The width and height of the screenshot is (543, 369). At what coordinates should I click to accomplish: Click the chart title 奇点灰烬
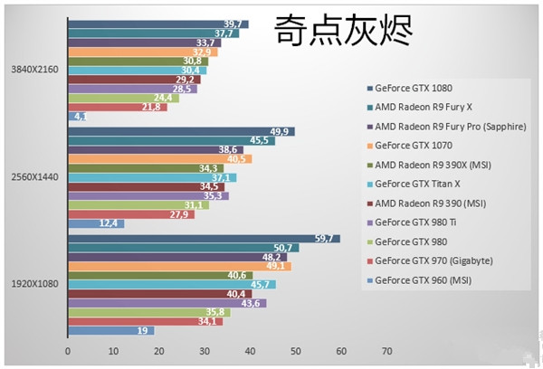(x=343, y=33)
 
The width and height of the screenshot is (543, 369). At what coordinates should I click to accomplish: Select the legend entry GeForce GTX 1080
(x=415, y=89)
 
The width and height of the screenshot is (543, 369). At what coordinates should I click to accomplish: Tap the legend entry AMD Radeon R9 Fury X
(x=425, y=108)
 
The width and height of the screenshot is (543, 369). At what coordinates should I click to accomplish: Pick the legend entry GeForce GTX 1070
(x=415, y=146)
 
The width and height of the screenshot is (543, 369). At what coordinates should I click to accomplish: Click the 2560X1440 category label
(x=33, y=177)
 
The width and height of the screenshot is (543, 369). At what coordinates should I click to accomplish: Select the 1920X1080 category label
(x=33, y=284)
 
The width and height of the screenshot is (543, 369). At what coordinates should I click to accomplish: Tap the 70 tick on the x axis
(x=386, y=351)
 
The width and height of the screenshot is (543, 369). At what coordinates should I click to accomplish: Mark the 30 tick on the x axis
(x=205, y=351)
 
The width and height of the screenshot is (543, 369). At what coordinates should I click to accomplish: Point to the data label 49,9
(x=281, y=131)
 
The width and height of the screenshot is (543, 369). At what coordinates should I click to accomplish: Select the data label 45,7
(x=262, y=284)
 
